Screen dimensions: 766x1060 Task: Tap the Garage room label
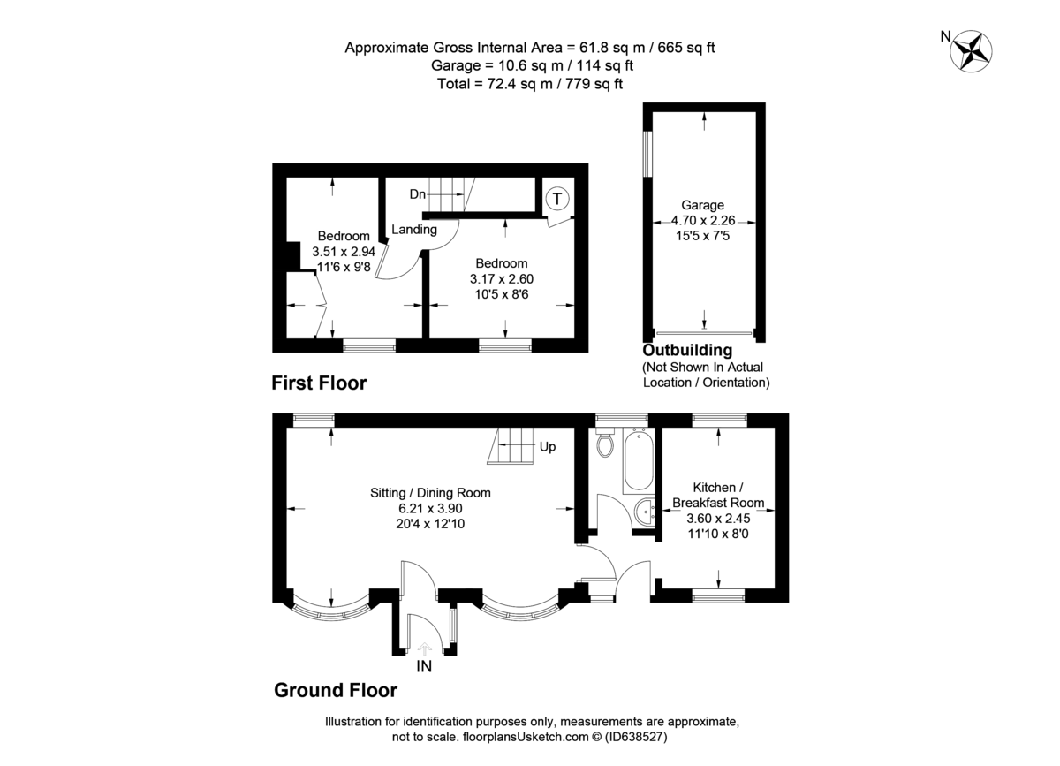tap(703, 205)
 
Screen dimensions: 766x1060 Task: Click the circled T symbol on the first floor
tap(556, 199)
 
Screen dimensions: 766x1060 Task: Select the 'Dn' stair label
tap(418, 193)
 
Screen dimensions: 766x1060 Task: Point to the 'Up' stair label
tap(548, 447)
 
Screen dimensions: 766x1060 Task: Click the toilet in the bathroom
tap(605, 443)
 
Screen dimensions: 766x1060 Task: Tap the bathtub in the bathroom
tap(638, 462)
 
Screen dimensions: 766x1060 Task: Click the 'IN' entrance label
tap(424, 667)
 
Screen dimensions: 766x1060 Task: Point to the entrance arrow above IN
tap(424, 648)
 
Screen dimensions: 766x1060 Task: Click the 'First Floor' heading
tap(318, 383)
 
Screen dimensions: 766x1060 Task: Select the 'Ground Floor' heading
tap(335, 690)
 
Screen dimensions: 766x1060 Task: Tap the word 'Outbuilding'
tap(687, 351)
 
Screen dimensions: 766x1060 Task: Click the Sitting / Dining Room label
tap(430, 493)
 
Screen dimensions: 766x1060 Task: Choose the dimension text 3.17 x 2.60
tap(502, 278)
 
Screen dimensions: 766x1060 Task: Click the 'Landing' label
tap(414, 230)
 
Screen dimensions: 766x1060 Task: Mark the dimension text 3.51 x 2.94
tap(344, 252)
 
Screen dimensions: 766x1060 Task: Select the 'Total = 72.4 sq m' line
tap(530, 84)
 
